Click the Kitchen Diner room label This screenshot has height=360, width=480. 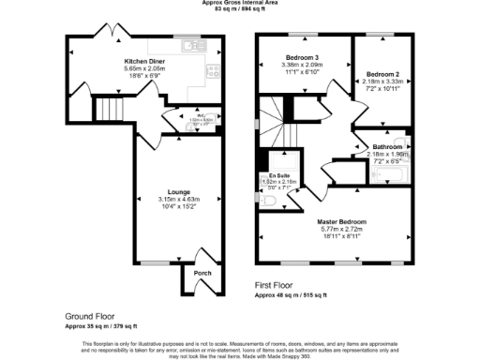click(x=145, y=61)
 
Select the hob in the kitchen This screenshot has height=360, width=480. click(x=213, y=69)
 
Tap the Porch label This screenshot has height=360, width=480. click(x=202, y=273)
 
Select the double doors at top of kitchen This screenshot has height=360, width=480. click(x=117, y=33)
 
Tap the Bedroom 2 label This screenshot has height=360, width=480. click(x=383, y=74)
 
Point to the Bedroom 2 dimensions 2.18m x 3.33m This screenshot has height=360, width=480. click(x=383, y=82)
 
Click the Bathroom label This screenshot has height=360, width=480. click(x=386, y=147)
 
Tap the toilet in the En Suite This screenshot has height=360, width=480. click(x=263, y=198)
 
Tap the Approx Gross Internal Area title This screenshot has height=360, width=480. click(x=241, y=3)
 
